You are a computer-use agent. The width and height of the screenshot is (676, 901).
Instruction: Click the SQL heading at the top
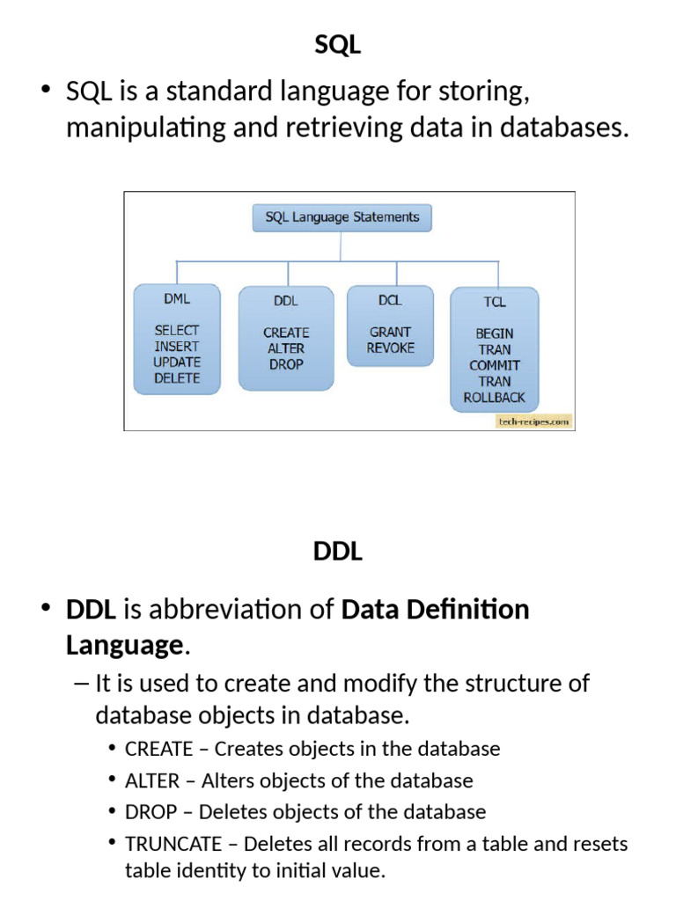click(337, 45)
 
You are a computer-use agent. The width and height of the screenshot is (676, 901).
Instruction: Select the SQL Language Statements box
click(342, 218)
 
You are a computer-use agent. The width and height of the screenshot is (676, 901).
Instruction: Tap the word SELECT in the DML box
click(176, 331)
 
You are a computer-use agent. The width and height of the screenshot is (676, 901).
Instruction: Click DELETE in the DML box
click(177, 378)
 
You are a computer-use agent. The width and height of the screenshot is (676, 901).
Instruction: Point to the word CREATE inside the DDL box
click(286, 333)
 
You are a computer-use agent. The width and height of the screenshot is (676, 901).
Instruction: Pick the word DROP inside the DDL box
click(286, 364)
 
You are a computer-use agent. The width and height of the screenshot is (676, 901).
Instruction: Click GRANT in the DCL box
click(390, 332)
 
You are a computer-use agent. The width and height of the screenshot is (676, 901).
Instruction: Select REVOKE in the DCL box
click(390, 348)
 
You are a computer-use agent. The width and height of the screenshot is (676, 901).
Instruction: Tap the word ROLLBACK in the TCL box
click(495, 397)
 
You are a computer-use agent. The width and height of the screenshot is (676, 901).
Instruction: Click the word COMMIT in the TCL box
click(495, 365)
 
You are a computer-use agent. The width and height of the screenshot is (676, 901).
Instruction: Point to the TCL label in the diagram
click(495, 302)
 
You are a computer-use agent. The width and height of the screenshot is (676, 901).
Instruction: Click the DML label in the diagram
click(177, 299)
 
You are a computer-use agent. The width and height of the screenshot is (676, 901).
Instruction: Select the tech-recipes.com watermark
click(534, 421)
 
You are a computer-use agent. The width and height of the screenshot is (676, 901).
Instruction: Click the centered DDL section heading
click(338, 551)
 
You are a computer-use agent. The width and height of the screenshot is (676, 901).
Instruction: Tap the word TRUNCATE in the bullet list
click(173, 844)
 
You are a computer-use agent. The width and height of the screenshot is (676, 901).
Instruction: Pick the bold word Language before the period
click(125, 645)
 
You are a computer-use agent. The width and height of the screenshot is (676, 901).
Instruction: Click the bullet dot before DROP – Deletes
click(112, 810)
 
